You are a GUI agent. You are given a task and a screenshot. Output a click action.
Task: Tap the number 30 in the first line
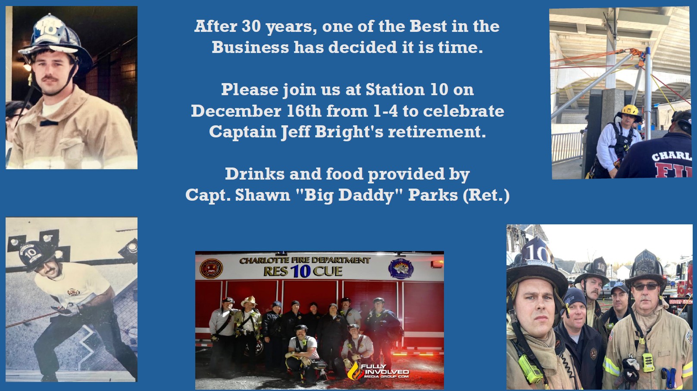click(x=251, y=26)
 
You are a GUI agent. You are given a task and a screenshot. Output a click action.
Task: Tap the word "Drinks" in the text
click(x=255, y=174)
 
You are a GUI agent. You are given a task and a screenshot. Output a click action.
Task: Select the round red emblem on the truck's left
click(x=211, y=269)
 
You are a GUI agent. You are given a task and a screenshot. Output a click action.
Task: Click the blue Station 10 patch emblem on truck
click(x=401, y=268)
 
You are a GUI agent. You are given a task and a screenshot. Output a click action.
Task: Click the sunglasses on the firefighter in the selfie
click(x=646, y=286)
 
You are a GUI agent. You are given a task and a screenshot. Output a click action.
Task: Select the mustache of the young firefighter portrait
click(x=50, y=78)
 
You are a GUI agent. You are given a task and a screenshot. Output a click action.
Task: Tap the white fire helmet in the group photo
click(x=249, y=301)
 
